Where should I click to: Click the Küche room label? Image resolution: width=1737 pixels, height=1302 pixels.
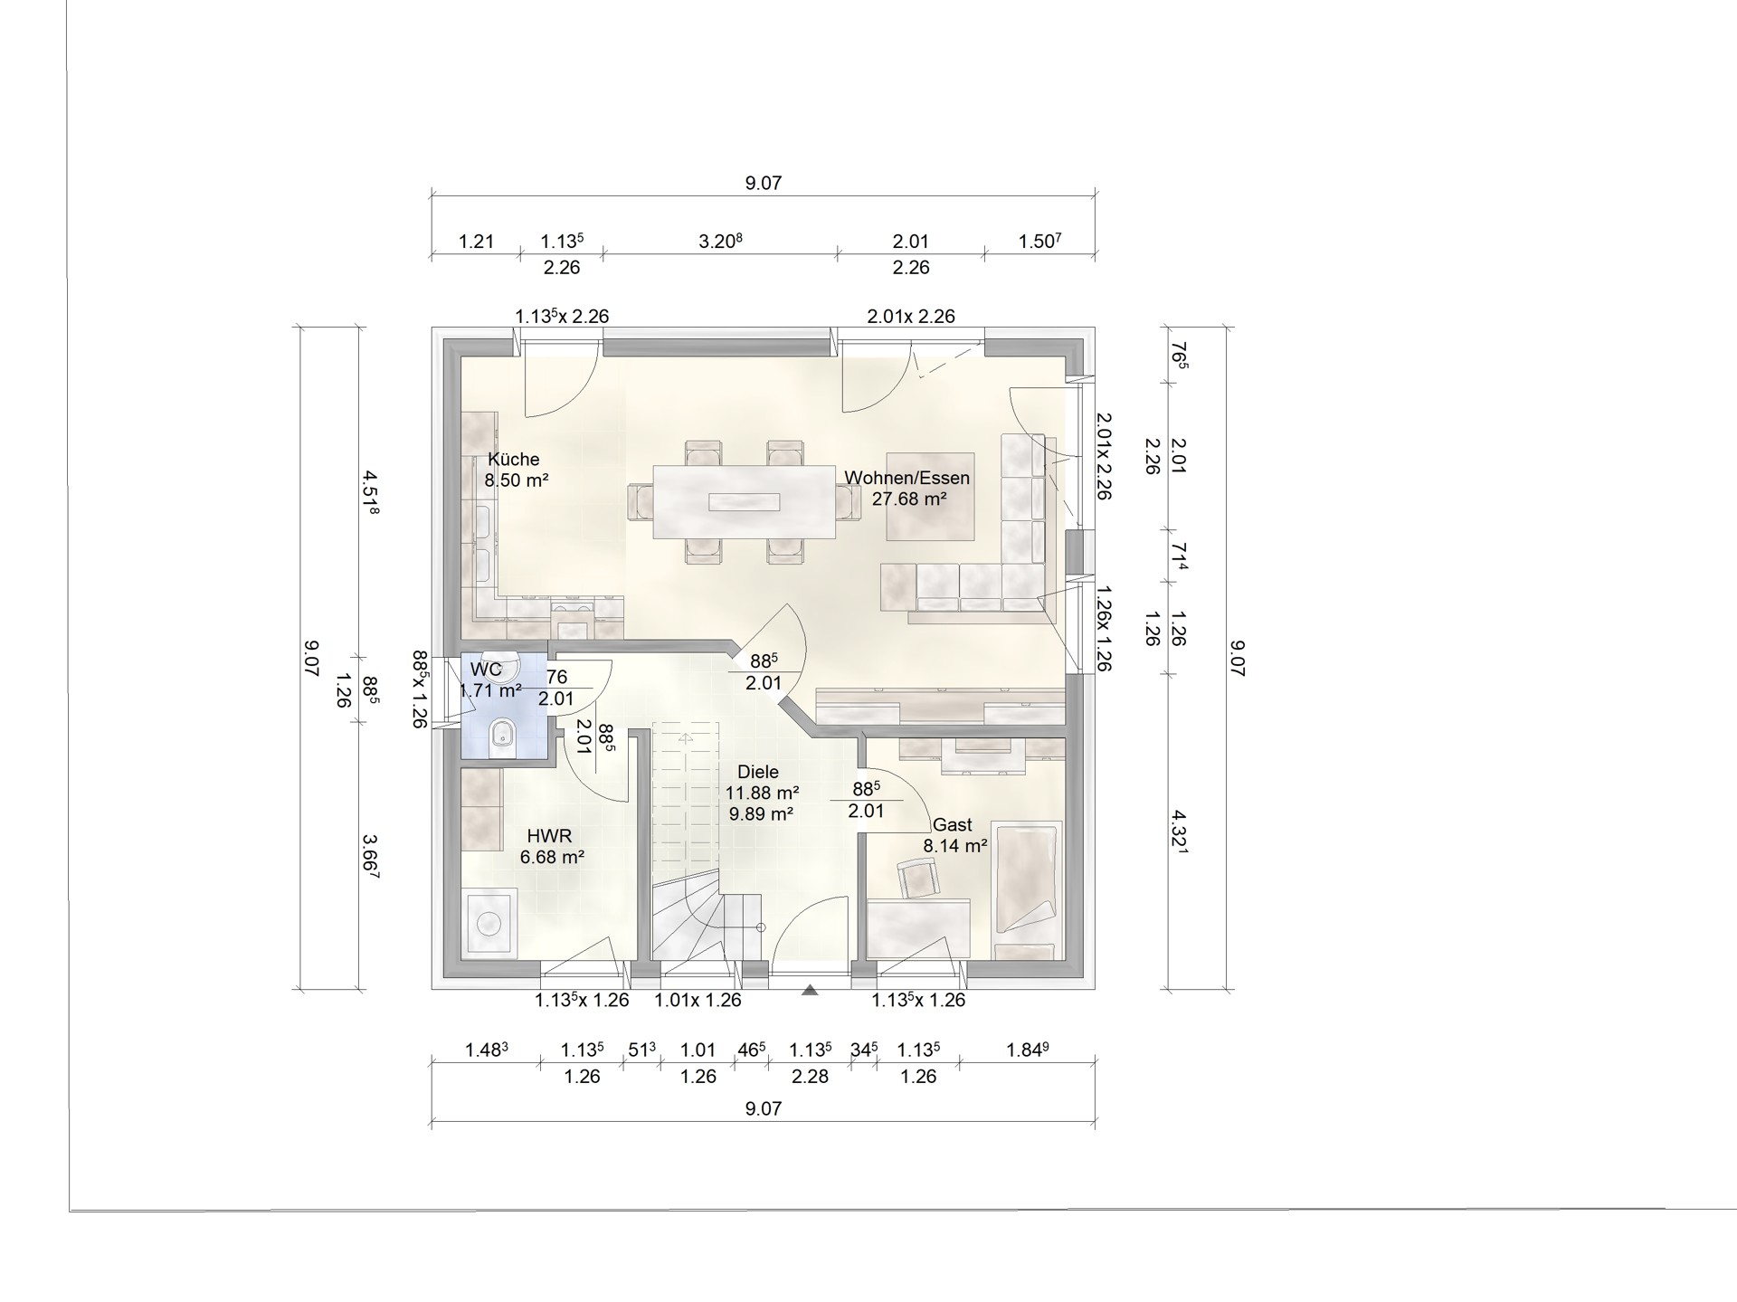coord(514,459)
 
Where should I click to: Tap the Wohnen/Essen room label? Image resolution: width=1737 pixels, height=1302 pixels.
coord(907,478)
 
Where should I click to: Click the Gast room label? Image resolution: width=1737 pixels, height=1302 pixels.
coord(953,825)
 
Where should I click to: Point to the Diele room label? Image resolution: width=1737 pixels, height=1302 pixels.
coord(758,773)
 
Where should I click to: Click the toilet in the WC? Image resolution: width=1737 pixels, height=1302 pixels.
coord(501,737)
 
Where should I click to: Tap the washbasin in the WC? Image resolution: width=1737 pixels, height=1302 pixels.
coord(500,666)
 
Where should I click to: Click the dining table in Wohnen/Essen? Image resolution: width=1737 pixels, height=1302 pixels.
coord(744,501)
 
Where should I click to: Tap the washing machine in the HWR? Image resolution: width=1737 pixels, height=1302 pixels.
coord(489,923)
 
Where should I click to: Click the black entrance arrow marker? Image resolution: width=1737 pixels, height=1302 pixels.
coord(810,991)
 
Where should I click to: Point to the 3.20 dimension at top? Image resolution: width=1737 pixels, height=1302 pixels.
coord(721,242)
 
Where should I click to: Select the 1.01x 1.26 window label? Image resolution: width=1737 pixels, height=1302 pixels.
coord(698,1000)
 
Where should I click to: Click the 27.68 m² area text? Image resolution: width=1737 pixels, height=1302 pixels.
coord(909,498)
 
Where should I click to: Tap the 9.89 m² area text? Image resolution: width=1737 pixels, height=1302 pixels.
coord(761,813)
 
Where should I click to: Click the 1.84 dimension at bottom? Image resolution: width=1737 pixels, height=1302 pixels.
coord(1028,1050)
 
